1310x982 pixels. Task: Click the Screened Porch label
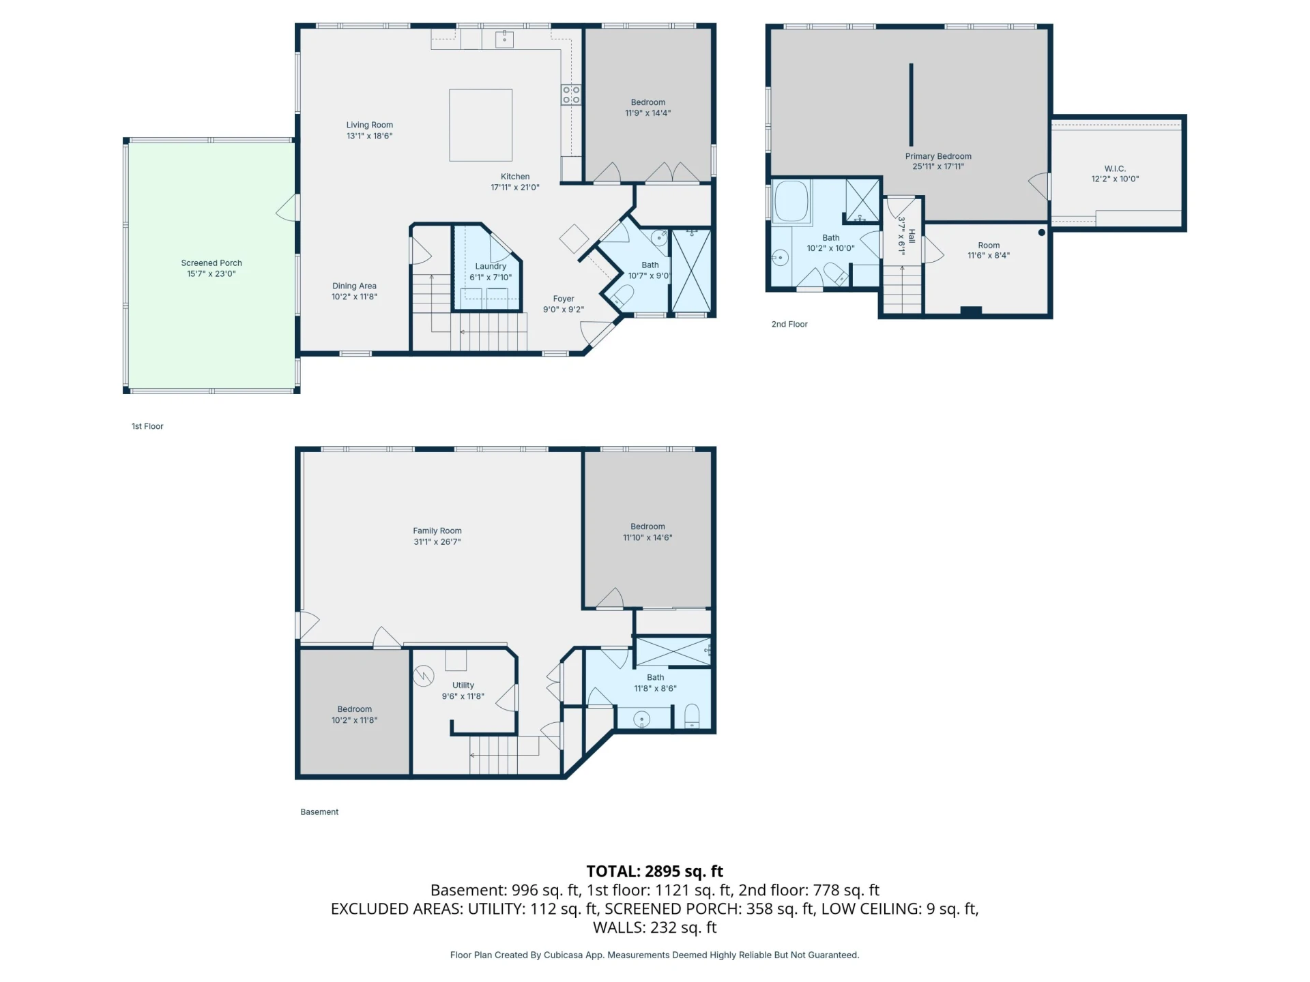pos(212,263)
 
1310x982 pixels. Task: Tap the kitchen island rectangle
pos(480,125)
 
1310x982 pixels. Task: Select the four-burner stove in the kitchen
pos(571,95)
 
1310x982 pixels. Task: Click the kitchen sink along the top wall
pos(504,39)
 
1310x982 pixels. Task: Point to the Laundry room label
pos(491,266)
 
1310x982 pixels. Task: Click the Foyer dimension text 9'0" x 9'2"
pos(564,310)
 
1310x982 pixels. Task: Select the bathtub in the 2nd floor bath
pos(791,200)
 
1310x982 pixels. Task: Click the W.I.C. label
pos(1115,168)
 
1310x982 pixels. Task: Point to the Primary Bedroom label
pos(938,156)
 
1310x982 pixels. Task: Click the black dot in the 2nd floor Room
pos(1041,233)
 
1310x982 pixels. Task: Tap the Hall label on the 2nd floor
pos(912,236)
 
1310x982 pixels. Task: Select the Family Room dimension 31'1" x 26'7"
pos(437,542)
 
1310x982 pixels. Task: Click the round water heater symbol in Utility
pos(424,676)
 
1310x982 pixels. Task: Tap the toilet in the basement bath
pos(692,715)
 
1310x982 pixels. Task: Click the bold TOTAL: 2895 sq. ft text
pos(655,871)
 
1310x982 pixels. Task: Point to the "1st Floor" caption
pos(147,426)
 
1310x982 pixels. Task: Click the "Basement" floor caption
pos(319,812)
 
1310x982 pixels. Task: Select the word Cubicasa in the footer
pos(563,955)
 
